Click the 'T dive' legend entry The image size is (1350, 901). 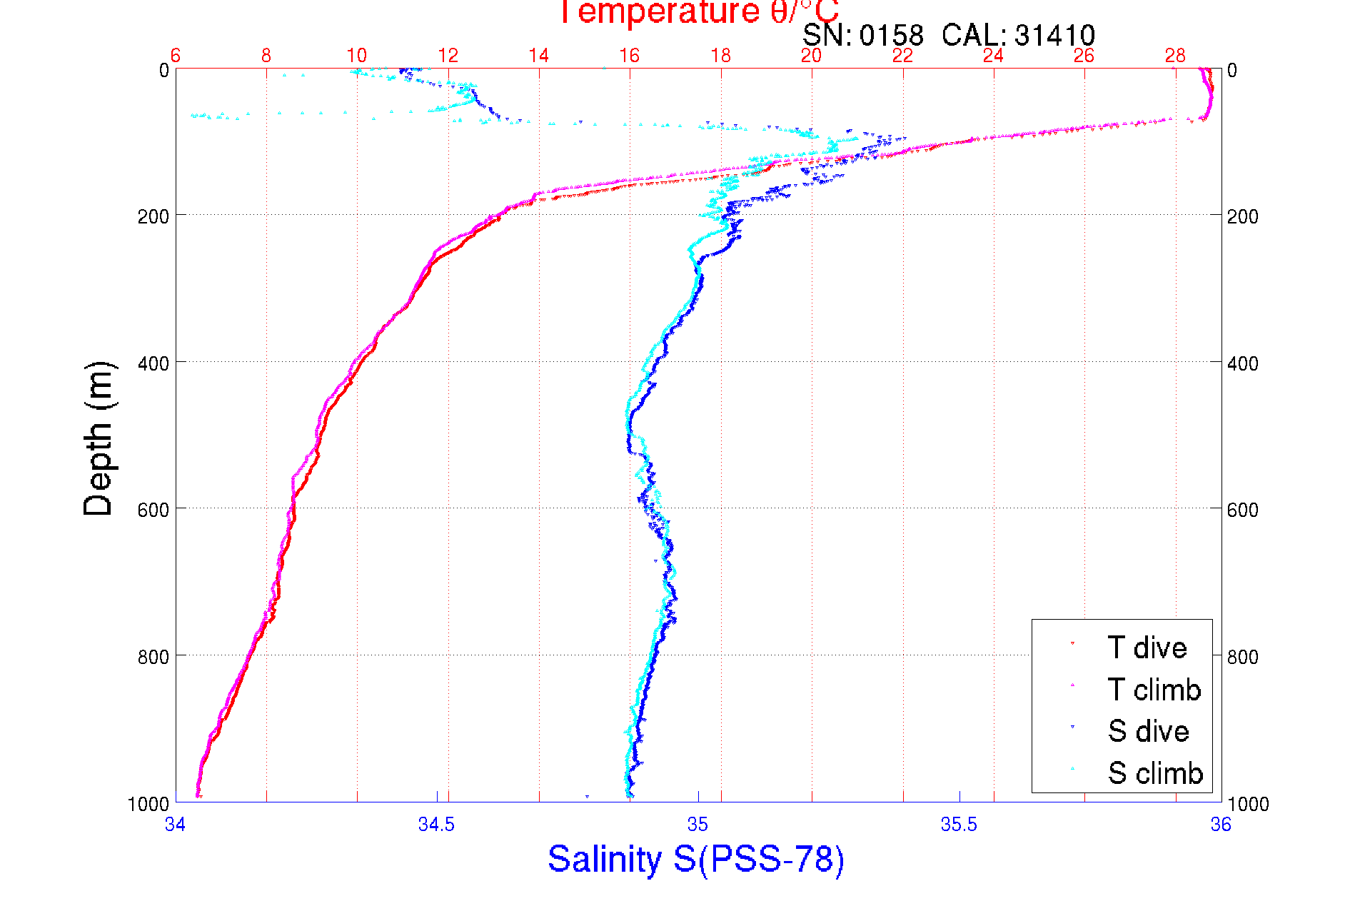click(1147, 648)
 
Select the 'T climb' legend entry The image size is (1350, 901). click(1154, 690)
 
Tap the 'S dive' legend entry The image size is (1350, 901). click(1148, 731)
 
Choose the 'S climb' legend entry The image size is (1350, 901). click(1155, 773)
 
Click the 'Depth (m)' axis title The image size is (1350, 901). click(99, 438)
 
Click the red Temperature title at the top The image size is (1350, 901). click(698, 12)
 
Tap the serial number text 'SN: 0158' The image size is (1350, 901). click(862, 35)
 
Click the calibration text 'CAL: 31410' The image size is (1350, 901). click(1018, 35)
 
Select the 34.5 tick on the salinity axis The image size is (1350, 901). click(436, 825)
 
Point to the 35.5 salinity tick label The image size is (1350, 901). click(959, 825)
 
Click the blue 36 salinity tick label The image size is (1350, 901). click(1221, 825)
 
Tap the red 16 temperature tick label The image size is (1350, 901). click(629, 56)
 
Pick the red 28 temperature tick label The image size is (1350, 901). click(1175, 56)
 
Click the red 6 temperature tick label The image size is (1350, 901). click(176, 56)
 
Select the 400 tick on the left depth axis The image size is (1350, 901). click(153, 363)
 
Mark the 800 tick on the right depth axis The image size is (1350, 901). click(1243, 656)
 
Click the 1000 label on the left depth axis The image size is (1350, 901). click(148, 804)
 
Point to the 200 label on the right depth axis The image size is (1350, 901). click(1243, 216)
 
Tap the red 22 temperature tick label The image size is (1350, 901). click(902, 56)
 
